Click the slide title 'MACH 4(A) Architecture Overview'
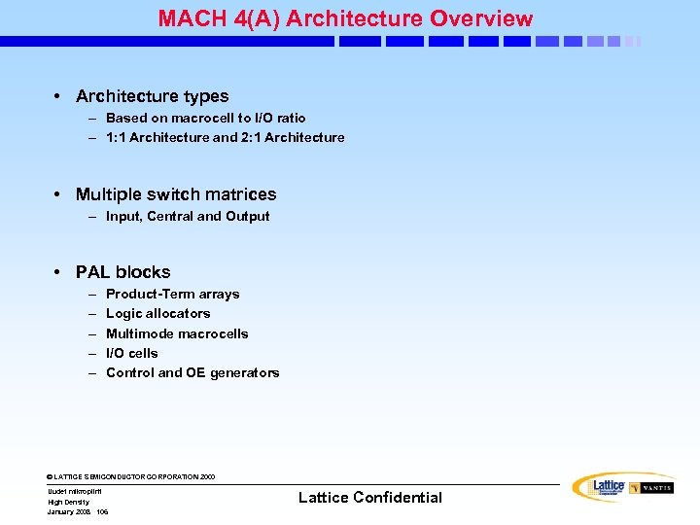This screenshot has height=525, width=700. click(345, 18)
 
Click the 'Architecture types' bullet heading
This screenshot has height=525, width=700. click(152, 96)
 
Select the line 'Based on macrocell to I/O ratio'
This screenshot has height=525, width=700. click(205, 118)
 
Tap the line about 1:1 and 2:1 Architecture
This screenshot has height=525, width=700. click(225, 137)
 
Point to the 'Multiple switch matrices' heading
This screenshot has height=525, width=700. click(175, 194)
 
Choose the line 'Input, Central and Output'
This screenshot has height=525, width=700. click(188, 216)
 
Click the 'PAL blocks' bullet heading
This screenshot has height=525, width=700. click(122, 272)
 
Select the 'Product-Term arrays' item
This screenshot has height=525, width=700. click(172, 294)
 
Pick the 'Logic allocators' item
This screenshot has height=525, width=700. click(157, 313)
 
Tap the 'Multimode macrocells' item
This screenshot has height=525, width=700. click(177, 333)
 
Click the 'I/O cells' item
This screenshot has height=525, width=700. click(131, 353)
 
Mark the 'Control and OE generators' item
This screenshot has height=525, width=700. click(192, 372)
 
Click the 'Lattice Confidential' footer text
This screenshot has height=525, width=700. click(369, 497)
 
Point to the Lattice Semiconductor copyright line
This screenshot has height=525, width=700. click(131, 477)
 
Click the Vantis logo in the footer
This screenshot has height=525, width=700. click(651, 487)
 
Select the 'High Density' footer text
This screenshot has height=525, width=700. click(68, 502)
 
